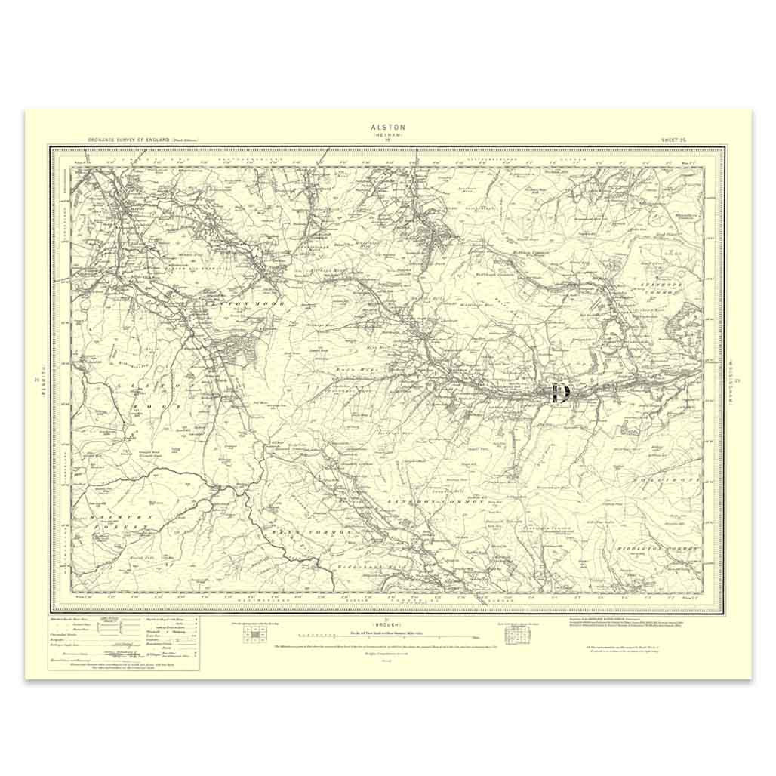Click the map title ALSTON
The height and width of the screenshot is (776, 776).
click(x=387, y=128)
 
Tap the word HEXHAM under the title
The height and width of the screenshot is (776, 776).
click(x=387, y=136)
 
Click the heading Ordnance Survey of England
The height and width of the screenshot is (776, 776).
click(x=127, y=141)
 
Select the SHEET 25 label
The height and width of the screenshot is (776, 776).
click(x=671, y=140)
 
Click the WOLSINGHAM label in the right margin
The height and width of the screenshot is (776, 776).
click(x=735, y=381)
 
